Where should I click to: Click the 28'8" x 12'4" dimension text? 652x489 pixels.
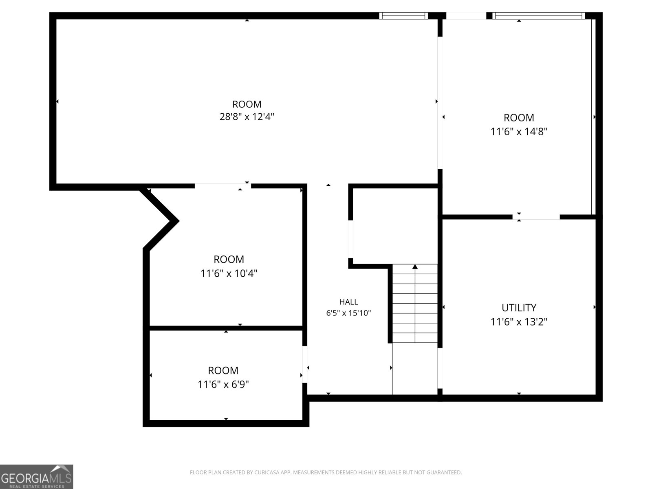[247, 117]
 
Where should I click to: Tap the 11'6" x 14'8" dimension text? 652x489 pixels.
[519, 131]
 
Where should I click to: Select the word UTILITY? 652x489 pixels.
[519, 308]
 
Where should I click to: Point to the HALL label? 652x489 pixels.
[348, 302]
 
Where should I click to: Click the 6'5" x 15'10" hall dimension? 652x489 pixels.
[348, 313]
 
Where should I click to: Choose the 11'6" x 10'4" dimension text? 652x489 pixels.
[229, 273]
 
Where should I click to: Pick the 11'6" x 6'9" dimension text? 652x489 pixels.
[223, 385]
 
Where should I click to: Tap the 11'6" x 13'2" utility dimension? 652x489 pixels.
[519, 322]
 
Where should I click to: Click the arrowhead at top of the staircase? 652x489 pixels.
[415, 267]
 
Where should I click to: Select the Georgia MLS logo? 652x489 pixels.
[37, 476]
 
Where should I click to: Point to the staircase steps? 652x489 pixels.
[415, 304]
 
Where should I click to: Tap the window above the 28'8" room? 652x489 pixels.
[403, 16]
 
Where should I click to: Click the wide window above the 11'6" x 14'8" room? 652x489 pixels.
[539, 16]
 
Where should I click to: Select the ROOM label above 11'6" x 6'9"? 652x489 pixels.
[223, 370]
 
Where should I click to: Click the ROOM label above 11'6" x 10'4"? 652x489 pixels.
[229, 259]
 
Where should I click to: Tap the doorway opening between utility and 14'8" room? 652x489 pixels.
[536, 217]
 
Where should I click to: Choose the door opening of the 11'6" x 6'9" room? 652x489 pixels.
[305, 364]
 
